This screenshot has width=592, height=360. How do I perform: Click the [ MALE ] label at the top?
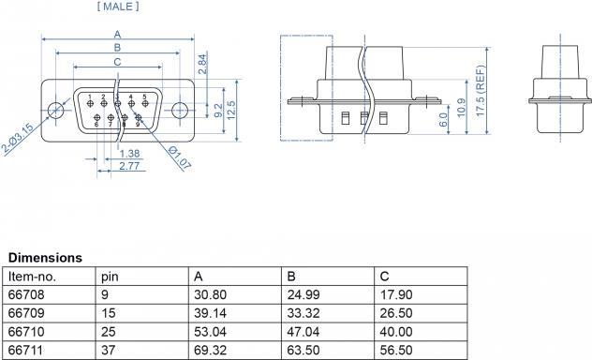tap(118, 7)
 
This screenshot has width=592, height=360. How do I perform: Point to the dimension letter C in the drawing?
tap(116, 62)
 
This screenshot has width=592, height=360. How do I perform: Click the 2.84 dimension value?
tap(202, 63)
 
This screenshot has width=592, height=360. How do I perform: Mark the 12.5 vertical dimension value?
tap(230, 109)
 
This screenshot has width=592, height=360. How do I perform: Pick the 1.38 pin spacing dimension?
tap(130, 153)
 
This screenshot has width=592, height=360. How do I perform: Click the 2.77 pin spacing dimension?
tap(130, 165)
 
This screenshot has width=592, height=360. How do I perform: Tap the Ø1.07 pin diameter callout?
tap(180, 157)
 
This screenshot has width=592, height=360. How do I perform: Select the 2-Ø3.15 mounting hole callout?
tap(18, 138)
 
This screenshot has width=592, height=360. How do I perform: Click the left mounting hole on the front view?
tap(57, 110)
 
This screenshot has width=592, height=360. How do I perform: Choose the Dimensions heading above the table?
tap(45, 257)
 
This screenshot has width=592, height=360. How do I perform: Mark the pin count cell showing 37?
tap(107, 350)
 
